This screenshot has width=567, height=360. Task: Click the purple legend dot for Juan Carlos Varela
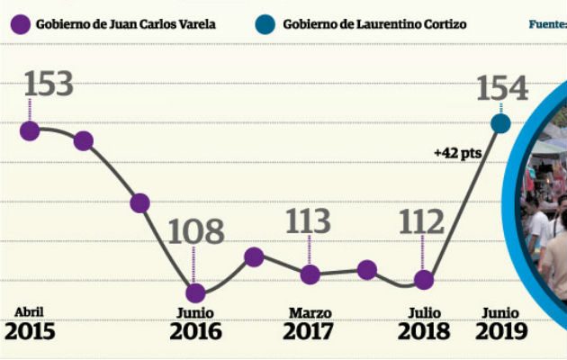pos(22,23)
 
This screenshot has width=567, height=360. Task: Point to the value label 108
pos(195,232)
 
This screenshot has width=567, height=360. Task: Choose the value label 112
pos(423,220)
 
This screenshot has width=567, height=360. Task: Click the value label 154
pos(502,89)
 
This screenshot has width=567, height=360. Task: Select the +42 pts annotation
pos(457,153)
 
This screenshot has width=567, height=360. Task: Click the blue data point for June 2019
pos(500,123)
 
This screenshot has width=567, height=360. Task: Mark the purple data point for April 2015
pos(30,130)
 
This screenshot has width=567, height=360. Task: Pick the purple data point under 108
pos(195,292)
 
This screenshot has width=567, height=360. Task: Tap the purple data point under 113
pos(310,274)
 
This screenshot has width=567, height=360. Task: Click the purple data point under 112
pos(424,280)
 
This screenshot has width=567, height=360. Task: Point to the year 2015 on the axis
pos(30,331)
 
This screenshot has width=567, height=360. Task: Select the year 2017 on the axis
pos(309,331)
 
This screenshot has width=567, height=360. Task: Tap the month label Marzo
pos(310,312)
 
